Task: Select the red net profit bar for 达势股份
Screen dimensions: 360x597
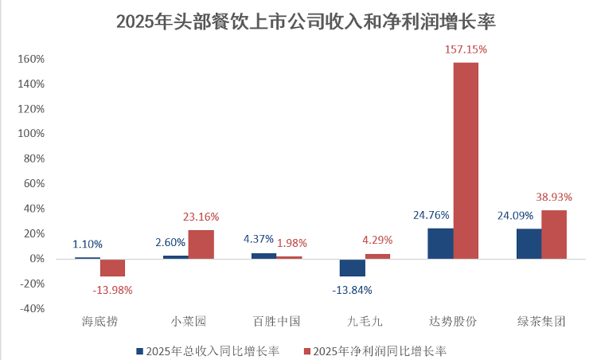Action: click(466, 159)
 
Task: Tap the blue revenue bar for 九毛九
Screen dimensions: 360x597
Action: click(352, 268)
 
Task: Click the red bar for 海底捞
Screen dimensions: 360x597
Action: click(112, 268)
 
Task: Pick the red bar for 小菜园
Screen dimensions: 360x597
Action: click(201, 244)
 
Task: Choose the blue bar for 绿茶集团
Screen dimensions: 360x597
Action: click(529, 244)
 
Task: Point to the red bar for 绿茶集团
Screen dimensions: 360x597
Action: click(554, 234)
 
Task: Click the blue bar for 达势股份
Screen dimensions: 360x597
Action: click(440, 243)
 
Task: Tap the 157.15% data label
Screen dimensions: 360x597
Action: click(466, 49)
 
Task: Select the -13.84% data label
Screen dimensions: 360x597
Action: click(352, 290)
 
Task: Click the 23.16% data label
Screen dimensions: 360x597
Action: click(201, 217)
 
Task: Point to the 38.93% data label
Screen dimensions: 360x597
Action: click(554, 197)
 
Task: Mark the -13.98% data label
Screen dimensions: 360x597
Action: click(112, 290)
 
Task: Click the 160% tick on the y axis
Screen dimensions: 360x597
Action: click(33, 59)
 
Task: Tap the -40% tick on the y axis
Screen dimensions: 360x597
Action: click(33, 309)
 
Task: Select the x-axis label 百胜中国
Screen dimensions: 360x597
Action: click(276, 323)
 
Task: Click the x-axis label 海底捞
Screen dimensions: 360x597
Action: click(100, 323)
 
